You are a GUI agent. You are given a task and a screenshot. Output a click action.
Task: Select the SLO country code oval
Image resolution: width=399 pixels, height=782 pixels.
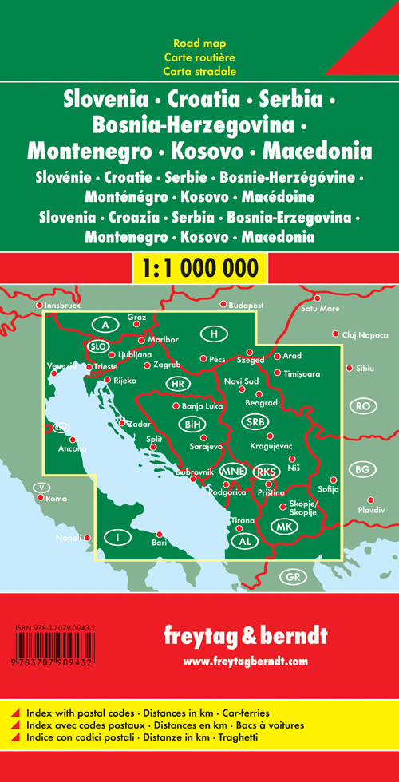(x=98, y=346)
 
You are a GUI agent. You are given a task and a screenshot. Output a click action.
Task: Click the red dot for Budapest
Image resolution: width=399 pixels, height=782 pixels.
(x=223, y=305)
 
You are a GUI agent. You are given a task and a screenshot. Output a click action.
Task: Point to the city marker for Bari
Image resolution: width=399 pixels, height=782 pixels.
(x=159, y=535)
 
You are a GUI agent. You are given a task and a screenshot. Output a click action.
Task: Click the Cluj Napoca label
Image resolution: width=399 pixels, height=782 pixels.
(x=365, y=335)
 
